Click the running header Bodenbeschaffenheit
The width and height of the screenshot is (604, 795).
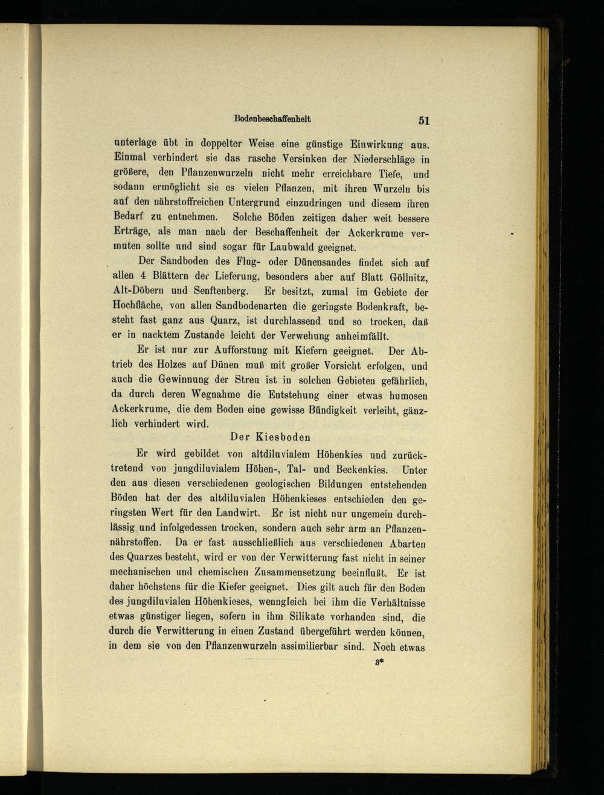272,118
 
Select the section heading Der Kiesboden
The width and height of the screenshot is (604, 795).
271,436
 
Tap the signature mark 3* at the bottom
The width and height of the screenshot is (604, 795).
380,662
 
